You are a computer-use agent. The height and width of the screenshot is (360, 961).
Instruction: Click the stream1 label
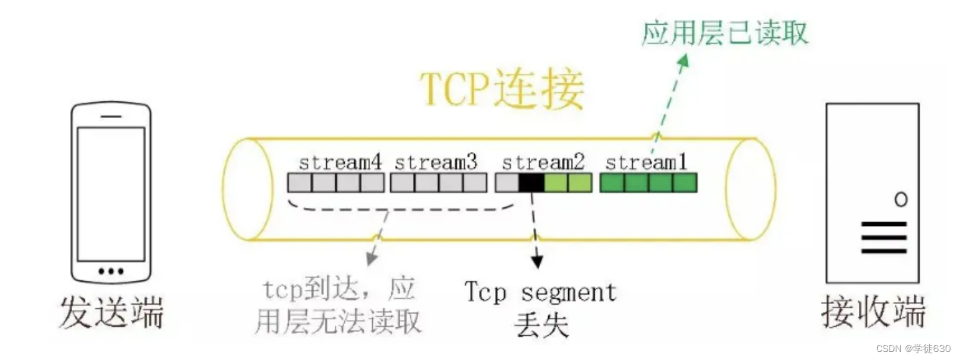[x=647, y=162]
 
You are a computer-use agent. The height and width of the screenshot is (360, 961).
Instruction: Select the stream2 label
[x=543, y=162]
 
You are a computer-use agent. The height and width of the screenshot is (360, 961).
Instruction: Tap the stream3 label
[x=435, y=162]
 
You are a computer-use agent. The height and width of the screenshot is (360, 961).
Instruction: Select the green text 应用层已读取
[x=724, y=31]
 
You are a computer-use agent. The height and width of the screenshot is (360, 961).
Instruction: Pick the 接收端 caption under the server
[x=872, y=313]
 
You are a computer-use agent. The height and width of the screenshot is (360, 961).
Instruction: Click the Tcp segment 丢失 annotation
[x=540, y=308]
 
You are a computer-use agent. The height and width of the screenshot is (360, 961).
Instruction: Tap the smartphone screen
[x=111, y=193]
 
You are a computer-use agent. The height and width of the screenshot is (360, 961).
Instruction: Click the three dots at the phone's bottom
[x=111, y=271]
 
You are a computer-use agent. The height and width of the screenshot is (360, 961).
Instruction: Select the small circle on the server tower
[x=900, y=199]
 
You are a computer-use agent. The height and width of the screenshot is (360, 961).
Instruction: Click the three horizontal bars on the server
[x=884, y=238]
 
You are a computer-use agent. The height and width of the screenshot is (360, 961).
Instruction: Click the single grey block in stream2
[x=507, y=183]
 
